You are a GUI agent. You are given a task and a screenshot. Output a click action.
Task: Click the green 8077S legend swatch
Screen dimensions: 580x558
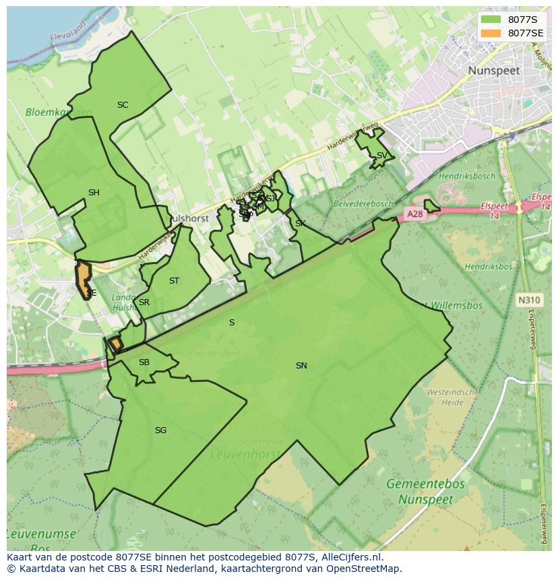[491, 20]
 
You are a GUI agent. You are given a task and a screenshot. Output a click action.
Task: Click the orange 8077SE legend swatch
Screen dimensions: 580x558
[491, 33]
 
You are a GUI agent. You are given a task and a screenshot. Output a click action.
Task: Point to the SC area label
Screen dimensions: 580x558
[123, 105]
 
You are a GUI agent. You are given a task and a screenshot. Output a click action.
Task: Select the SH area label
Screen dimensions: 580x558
[94, 193]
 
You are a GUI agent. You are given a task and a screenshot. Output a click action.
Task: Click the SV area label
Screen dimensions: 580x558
[381, 156]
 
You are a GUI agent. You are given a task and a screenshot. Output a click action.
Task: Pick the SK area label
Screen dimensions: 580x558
[300, 224]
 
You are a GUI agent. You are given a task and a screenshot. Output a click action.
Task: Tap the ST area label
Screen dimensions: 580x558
[174, 281]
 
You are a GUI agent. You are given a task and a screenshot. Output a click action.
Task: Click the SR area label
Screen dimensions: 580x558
[144, 302]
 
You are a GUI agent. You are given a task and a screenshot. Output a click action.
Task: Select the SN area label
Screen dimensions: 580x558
[301, 366]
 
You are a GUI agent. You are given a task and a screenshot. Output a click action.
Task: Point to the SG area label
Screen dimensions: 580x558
[160, 430]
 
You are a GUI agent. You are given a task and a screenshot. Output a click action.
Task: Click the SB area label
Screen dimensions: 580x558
[144, 362]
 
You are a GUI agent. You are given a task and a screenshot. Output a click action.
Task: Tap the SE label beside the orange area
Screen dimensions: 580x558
[92, 293]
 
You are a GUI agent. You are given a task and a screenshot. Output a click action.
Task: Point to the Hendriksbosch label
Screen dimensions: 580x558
[466, 176]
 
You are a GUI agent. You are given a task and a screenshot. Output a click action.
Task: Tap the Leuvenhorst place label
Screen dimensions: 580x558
[245, 455]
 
